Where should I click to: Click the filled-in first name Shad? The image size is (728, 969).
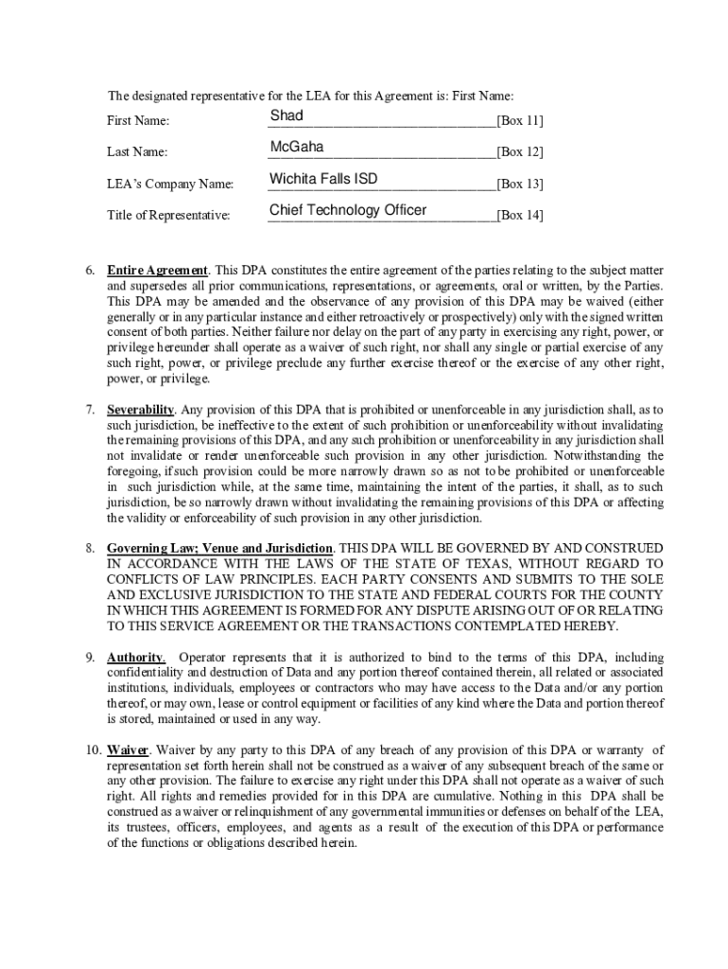[x=286, y=115]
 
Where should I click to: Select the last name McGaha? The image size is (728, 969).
[x=296, y=147]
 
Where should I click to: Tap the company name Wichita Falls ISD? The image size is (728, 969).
[x=324, y=179]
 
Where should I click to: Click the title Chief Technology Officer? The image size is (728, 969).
[x=347, y=210]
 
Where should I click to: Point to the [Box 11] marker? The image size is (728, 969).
[x=520, y=121]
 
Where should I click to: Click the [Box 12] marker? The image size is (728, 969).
[x=520, y=152]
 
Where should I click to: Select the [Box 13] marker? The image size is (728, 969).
[x=520, y=184]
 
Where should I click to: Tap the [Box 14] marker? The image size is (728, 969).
[x=520, y=215]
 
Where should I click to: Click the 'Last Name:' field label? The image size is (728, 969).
[x=137, y=152]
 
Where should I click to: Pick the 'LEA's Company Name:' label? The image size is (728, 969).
[x=169, y=184]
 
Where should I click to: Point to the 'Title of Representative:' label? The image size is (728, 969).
[x=167, y=215]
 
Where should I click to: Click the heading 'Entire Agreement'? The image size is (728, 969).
[x=158, y=271]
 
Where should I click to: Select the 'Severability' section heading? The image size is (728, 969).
[x=140, y=409]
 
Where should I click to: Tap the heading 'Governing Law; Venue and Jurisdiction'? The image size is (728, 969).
[x=219, y=548]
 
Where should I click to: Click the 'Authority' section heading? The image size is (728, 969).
[x=136, y=658]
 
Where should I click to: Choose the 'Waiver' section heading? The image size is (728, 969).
[x=128, y=750]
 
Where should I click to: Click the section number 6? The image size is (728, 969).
[x=89, y=271]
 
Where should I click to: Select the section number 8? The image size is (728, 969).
[x=89, y=548]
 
